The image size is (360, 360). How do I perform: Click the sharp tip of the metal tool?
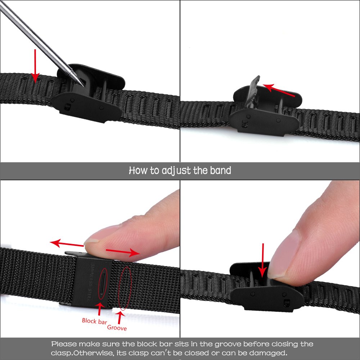84,86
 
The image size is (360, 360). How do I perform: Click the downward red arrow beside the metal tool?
35,66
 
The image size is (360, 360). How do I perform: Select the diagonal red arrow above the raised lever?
279,90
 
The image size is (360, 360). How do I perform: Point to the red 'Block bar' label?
94,321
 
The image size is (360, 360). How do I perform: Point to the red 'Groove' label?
117,327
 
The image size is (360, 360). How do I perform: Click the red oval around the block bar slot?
103,284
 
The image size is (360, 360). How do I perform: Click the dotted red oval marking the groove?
125,288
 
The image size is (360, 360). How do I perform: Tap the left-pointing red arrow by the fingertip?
67,244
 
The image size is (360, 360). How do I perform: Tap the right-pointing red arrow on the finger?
123,252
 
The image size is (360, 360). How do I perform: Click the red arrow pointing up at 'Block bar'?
100,309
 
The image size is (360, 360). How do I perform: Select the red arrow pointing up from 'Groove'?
120,317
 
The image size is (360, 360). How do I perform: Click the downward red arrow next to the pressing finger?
263,260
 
